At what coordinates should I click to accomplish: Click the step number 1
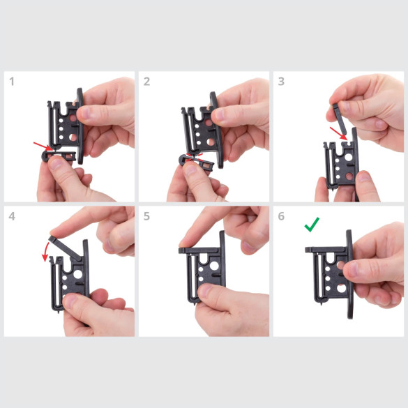point(12,82)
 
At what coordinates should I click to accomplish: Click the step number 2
point(146,82)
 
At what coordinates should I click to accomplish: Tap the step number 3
point(281,82)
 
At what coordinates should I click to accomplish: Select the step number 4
point(12,216)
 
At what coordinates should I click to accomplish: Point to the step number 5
point(146,216)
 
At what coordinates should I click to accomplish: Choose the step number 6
point(281,216)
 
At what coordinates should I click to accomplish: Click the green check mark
point(312,225)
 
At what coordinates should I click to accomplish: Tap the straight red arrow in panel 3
point(338,133)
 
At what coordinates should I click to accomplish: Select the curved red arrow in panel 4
point(45,251)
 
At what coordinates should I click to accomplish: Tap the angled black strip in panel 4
point(65,248)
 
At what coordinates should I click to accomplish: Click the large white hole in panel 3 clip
point(349,157)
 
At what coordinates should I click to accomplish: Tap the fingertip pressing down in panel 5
point(186,244)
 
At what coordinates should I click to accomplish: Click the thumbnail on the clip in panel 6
point(352,269)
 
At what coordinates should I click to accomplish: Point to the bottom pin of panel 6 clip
point(322,303)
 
